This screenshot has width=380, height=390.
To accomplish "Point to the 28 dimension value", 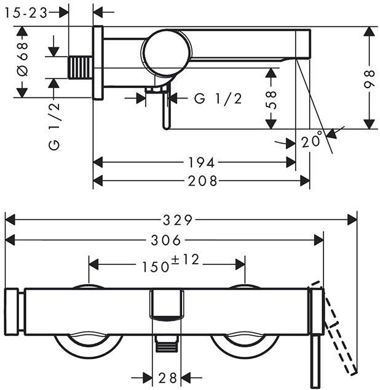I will tap(167, 377).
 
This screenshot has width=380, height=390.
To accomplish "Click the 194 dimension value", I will tap(202, 163).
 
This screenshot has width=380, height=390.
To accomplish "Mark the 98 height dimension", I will tap(370, 78).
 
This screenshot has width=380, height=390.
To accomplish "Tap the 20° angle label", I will tap(312, 141).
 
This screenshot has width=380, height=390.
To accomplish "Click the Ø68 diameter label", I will tap(22, 62).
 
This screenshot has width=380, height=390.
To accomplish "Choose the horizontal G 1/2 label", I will tap(218, 99).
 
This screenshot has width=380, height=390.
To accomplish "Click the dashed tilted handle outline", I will tap(342, 333).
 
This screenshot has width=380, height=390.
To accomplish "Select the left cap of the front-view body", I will tap(14, 311).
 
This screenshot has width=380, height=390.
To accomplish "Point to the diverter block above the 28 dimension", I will tap(167, 306).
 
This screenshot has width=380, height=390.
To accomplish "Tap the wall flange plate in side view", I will tap(98, 63).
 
